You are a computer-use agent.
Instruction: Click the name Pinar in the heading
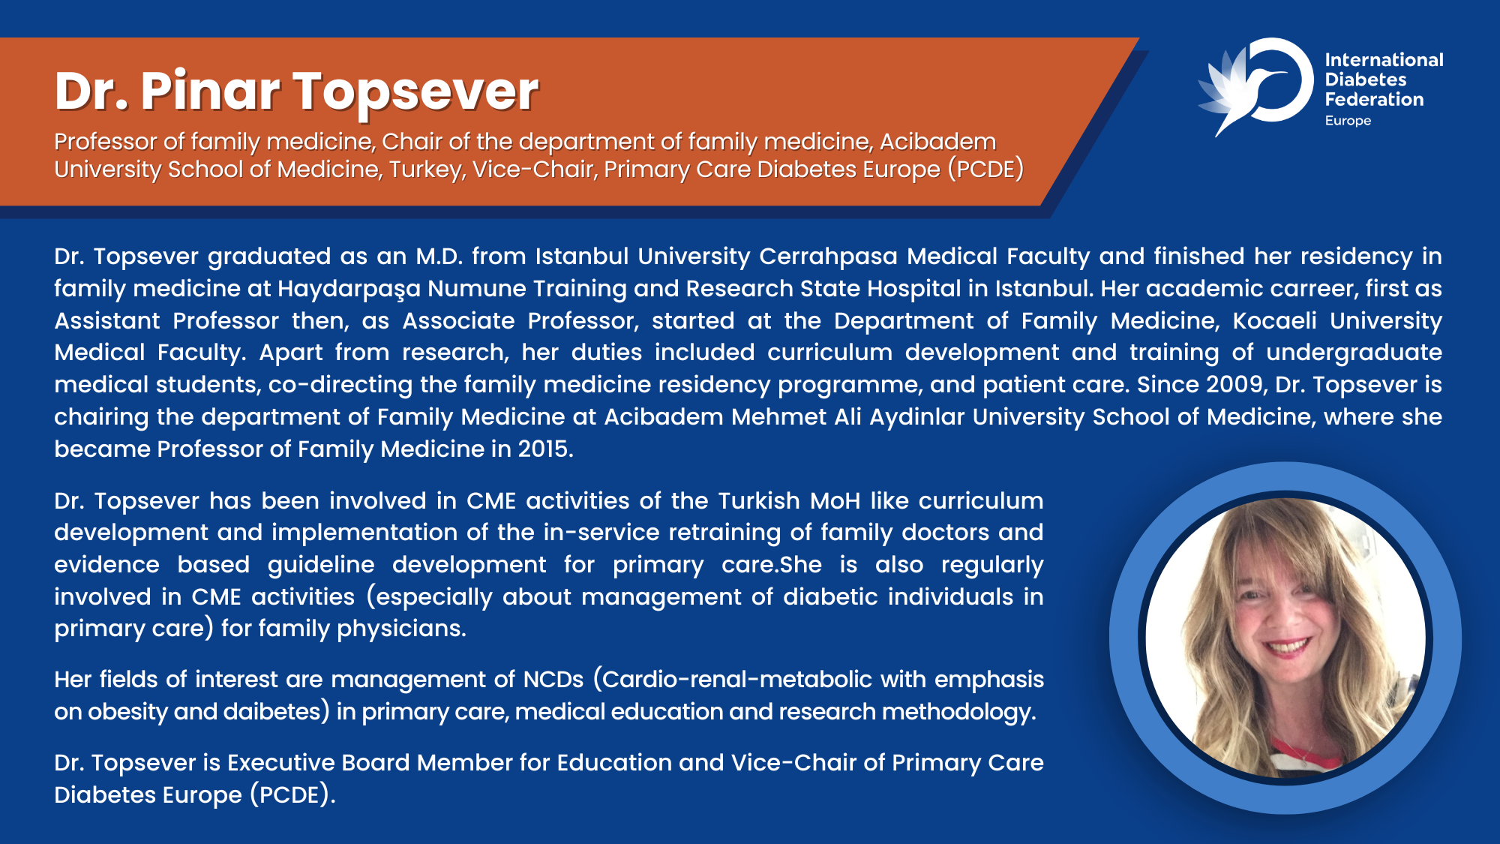210,92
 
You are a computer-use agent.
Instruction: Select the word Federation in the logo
1374,99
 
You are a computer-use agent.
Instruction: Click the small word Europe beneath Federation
1348,121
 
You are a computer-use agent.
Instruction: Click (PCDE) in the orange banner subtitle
985,170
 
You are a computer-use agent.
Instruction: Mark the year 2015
545,449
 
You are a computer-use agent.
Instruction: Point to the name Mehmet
778,417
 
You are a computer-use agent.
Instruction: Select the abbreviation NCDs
553,680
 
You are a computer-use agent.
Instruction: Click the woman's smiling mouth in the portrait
1287,647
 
